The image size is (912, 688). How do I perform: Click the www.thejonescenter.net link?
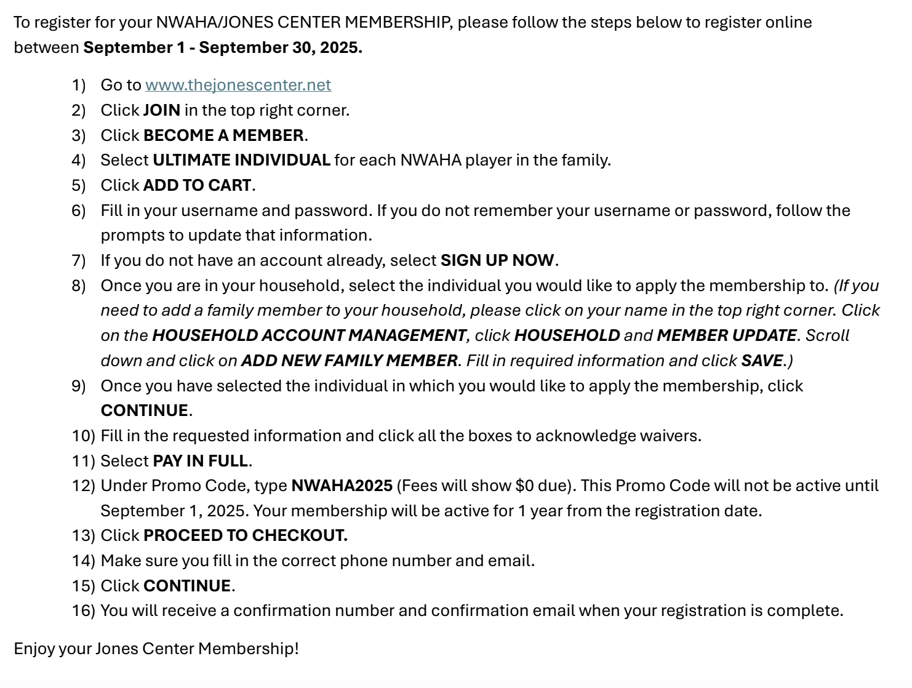(x=238, y=85)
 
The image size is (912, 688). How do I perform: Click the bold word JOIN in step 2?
(x=161, y=110)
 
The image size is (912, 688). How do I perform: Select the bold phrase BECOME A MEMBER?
(x=223, y=135)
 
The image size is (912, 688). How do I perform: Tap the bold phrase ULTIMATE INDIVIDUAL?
(x=241, y=160)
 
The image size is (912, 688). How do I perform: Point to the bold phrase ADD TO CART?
(x=197, y=185)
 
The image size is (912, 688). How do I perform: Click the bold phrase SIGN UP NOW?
(x=497, y=260)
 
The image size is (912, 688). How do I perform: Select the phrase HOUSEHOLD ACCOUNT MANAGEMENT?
(x=309, y=335)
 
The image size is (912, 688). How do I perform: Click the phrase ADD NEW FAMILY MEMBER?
(x=349, y=361)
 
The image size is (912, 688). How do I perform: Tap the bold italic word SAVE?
(x=761, y=361)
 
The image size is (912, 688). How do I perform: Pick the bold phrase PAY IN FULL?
(x=200, y=461)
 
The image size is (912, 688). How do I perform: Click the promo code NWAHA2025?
(x=342, y=486)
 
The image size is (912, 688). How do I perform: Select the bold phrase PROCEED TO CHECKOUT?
(x=245, y=535)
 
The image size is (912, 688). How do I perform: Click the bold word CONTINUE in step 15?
(x=187, y=586)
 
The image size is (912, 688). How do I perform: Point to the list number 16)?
(x=83, y=610)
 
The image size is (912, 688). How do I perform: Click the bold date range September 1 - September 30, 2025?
(x=223, y=47)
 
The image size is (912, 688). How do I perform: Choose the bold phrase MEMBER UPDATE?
(x=726, y=335)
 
